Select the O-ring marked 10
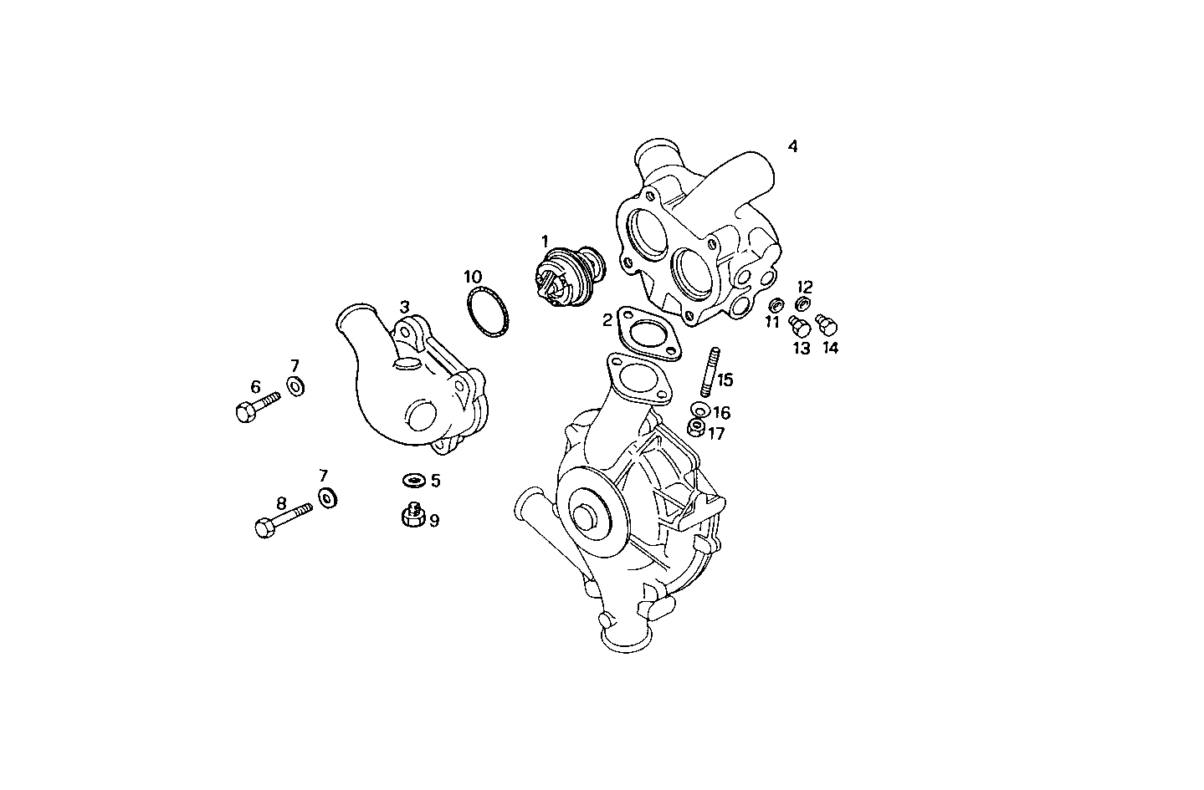pos(488,314)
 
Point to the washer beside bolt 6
pos(295,385)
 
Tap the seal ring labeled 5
pos(412,481)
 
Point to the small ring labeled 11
pos(775,304)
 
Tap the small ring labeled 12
pos(802,303)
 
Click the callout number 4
pos(792,146)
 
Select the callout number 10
pos(473,276)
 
